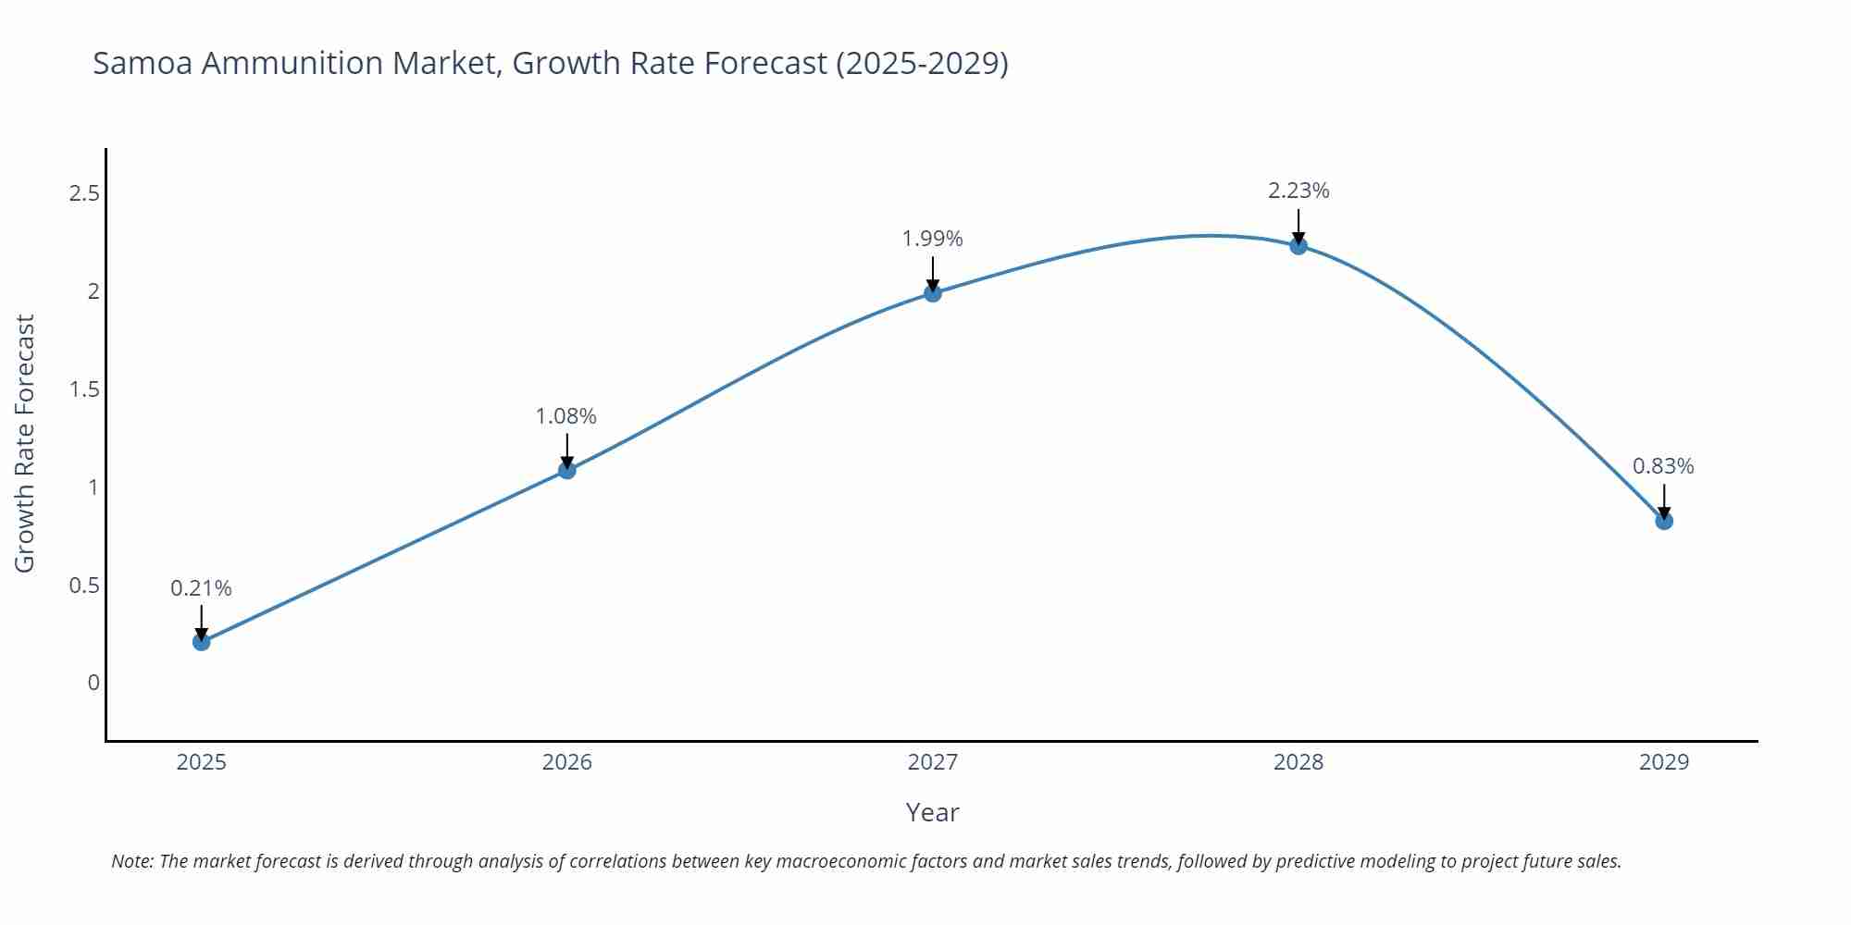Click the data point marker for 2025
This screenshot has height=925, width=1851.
[202, 642]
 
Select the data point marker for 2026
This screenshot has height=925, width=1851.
[567, 471]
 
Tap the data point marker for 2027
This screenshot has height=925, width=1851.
[933, 293]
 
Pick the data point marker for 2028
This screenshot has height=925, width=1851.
[1298, 246]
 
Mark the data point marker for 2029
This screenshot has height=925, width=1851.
[1664, 521]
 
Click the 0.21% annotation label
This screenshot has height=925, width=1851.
[202, 588]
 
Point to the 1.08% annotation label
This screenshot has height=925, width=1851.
[566, 416]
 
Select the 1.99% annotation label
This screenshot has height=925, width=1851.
[933, 239]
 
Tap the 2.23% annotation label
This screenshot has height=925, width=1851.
[1298, 191]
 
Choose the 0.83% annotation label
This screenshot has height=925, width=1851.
[1663, 466]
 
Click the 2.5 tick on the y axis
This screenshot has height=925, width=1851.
[84, 193]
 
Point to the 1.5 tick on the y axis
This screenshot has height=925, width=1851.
[84, 389]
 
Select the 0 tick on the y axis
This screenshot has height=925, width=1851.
[93, 683]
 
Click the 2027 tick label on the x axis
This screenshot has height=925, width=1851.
[933, 762]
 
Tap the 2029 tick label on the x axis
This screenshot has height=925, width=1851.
[1664, 762]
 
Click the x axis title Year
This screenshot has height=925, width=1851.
[932, 812]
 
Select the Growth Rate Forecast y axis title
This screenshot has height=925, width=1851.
[25, 443]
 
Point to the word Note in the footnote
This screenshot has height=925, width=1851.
[130, 861]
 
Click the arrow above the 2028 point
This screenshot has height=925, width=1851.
[1298, 226]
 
